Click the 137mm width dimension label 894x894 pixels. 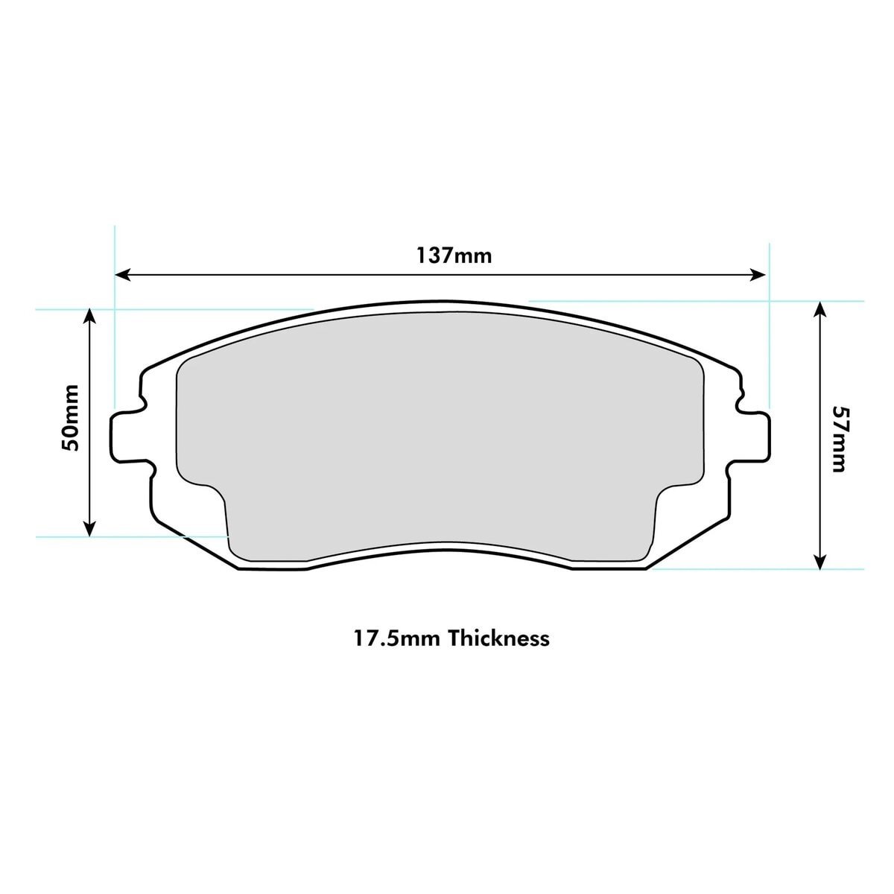(454, 256)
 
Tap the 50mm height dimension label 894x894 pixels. (70, 424)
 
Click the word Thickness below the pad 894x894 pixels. (500, 638)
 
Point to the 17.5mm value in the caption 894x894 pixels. (396, 638)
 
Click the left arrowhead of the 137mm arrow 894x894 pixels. (122, 275)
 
